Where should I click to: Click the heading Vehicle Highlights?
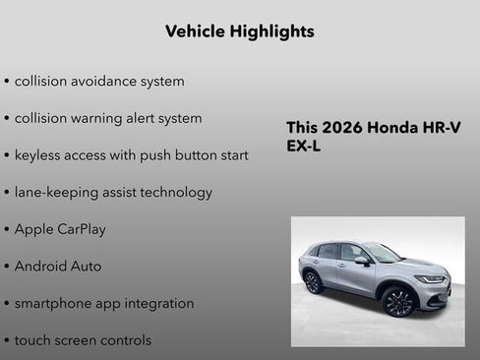(240, 31)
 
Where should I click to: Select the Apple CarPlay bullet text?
(60, 229)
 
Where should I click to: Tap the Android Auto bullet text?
(58, 267)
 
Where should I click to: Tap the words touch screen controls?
(83, 340)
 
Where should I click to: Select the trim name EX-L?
(304, 147)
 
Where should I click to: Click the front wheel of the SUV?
(397, 301)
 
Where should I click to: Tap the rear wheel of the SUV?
(313, 282)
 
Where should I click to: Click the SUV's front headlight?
(430, 279)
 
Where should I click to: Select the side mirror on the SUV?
(362, 261)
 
